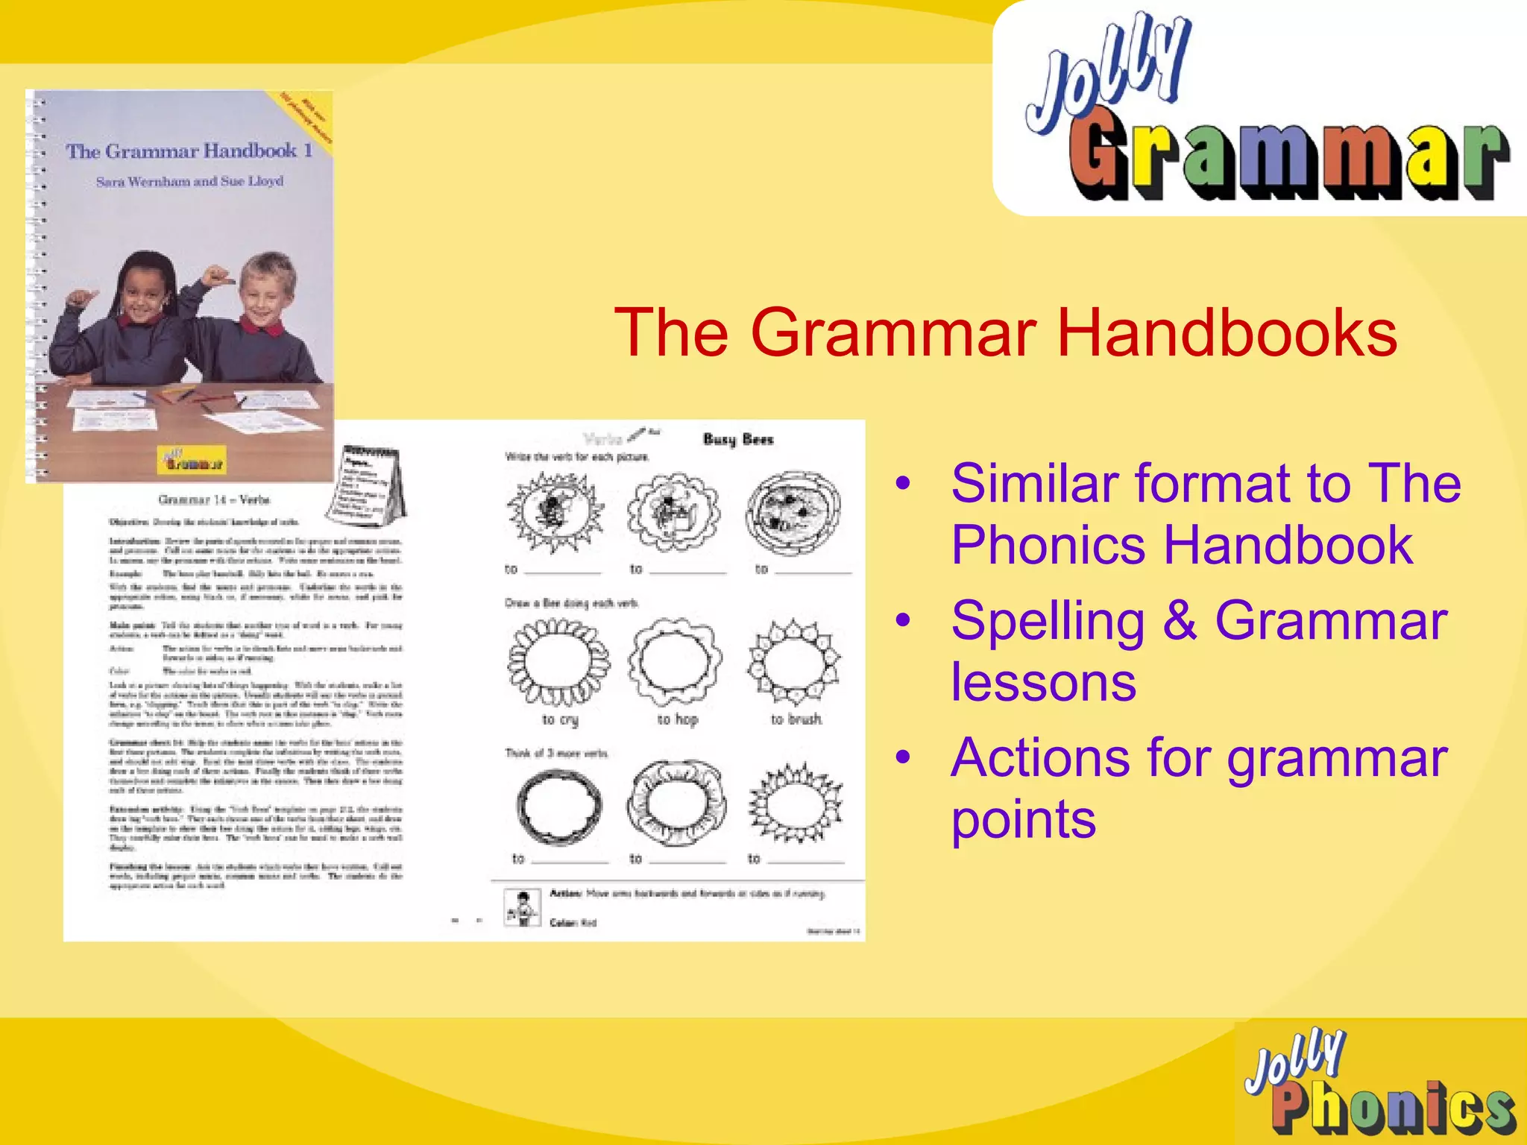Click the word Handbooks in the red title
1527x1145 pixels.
coord(1227,332)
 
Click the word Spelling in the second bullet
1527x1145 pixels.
coord(1048,621)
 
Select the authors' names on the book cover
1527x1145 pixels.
coord(189,181)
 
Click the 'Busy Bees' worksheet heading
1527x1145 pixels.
coord(738,439)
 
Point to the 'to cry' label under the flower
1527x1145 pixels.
coord(560,719)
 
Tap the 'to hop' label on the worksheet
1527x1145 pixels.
coord(677,719)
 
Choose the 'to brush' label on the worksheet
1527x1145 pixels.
coord(796,719)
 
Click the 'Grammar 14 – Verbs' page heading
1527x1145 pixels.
coord(214,499)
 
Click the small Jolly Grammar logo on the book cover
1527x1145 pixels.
coord(191,459)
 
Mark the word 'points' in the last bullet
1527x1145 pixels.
coord(1023,820)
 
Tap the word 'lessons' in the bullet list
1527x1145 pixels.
coord(1043,682)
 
